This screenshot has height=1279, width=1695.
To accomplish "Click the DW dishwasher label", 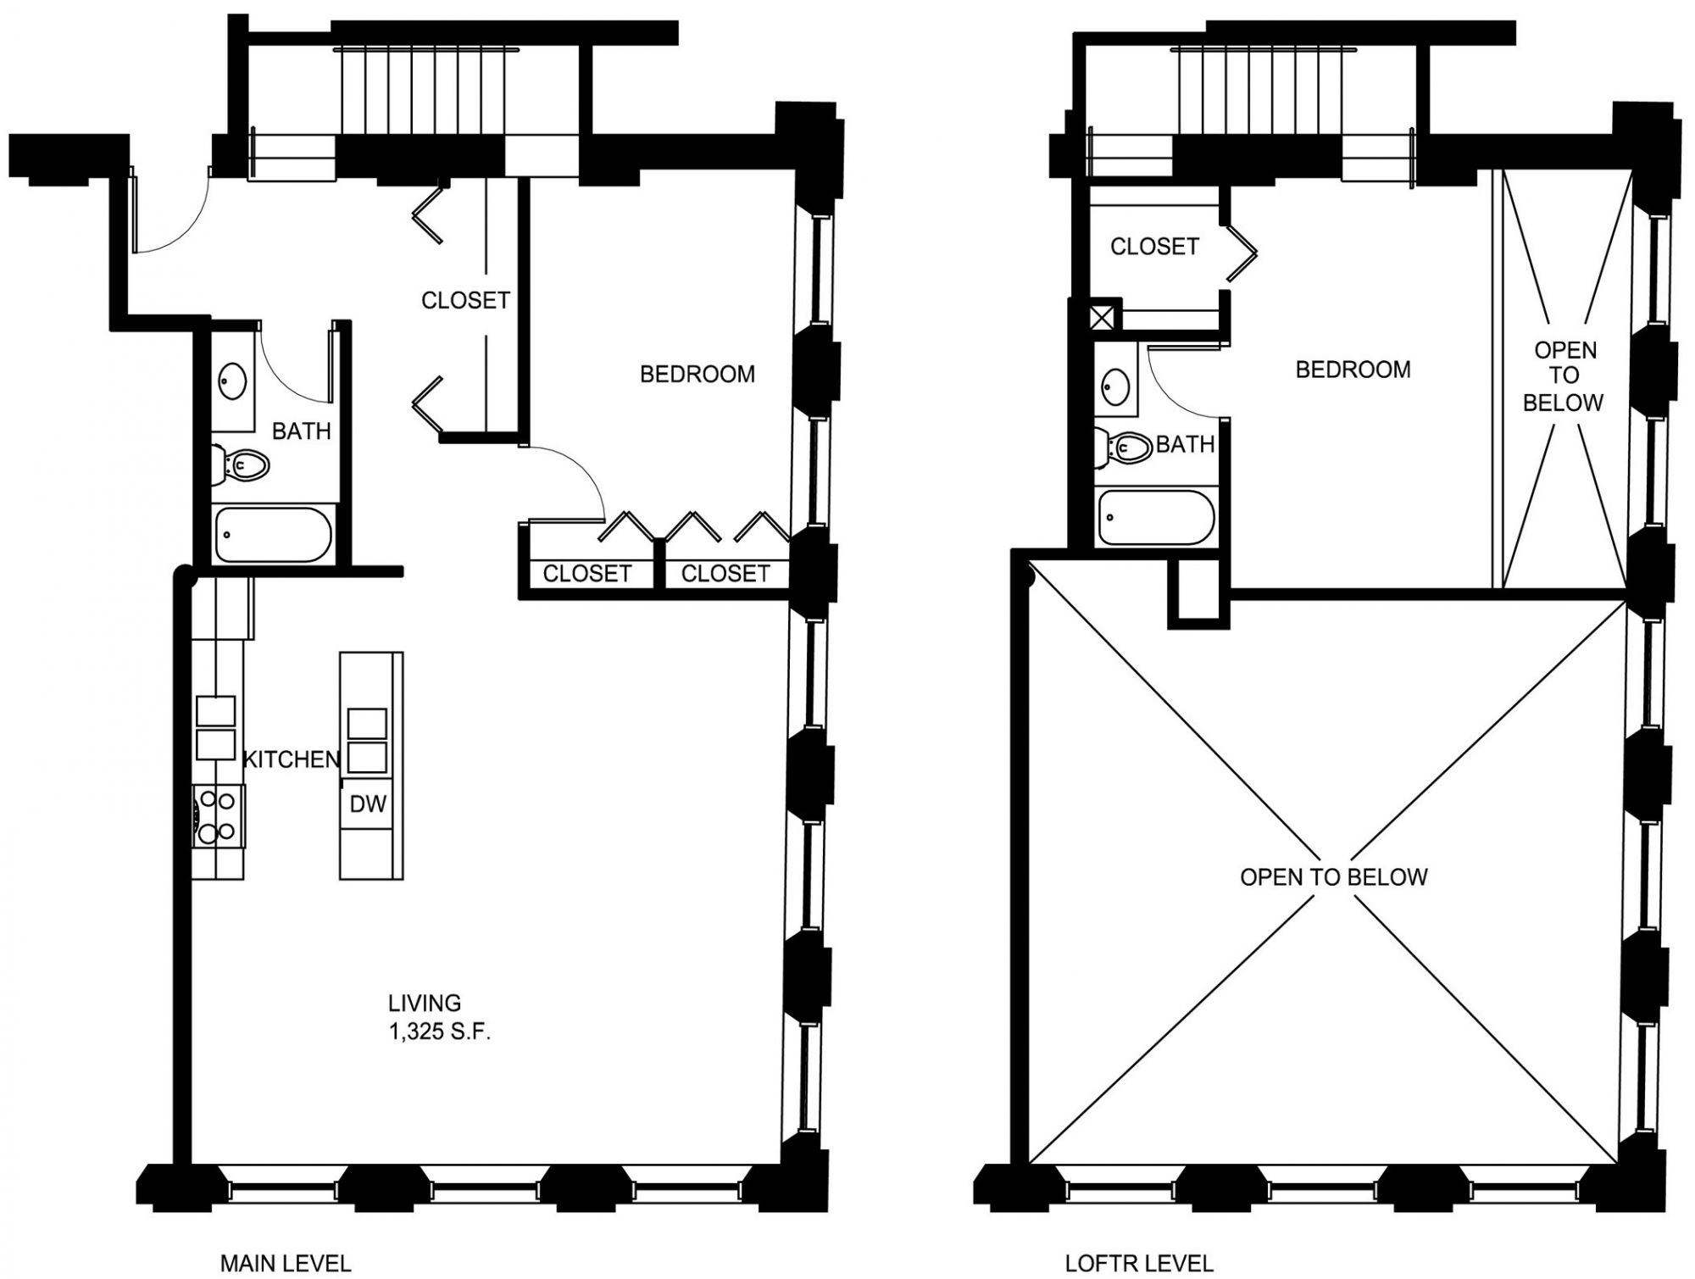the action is pos(368,804).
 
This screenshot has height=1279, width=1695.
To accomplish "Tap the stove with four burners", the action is pos(217,816).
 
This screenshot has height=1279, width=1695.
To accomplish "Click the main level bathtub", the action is pos(273,534).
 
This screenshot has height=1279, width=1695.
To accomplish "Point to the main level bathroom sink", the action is pos(232,381).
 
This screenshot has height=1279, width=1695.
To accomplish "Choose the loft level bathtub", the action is pos(1156,517).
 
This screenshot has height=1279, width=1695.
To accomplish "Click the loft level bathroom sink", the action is pos(1115,387).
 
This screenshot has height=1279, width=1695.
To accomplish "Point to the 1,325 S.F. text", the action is pos(440,1032).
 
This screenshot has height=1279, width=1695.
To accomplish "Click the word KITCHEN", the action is pos(292,759).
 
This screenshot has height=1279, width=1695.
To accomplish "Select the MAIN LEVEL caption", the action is pos(286,1263).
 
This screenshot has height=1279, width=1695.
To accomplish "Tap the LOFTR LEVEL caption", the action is pos(1139,1263).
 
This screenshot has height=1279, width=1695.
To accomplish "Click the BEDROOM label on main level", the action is pos(697,374).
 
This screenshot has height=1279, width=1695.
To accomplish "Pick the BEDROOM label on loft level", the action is pos(1353,370).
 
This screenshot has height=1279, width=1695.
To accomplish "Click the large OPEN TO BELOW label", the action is pos(1334,876).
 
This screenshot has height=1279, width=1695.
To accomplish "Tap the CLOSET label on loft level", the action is pos(1155,247).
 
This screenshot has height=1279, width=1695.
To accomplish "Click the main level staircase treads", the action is pos(426,92).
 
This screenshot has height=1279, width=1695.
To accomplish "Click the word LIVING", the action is pos(425,1004).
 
